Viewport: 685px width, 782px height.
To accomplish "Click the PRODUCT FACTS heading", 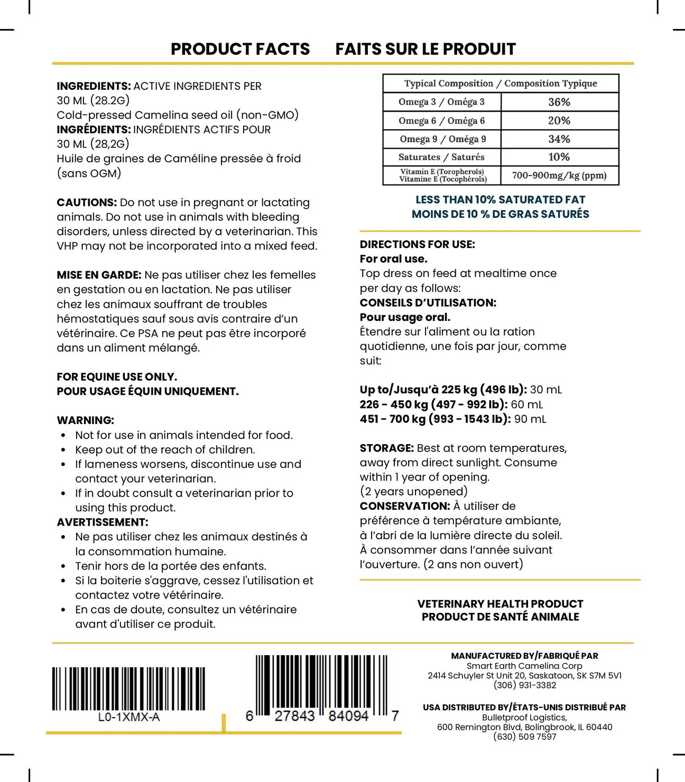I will click(240, 49).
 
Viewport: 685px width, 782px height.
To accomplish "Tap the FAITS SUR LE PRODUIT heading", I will click(425, 49).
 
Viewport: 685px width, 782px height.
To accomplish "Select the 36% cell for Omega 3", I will click(559, 102).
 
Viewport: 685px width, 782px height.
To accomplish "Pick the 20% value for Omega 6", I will click(559, 121).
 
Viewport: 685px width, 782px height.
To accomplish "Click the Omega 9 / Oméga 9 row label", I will click(442, 139).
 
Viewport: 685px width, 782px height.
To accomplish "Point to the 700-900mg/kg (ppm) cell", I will click(559, 176).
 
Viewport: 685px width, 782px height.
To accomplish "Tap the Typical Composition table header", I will click(501, 84).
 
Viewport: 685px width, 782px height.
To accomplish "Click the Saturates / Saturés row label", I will click(441, 157).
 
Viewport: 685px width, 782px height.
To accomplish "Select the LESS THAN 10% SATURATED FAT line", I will click(500, 200).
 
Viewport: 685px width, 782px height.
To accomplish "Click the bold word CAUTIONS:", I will click(87, 203).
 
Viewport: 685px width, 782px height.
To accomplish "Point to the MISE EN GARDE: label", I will click(99, 275).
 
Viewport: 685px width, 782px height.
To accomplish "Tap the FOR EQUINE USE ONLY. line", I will click(117, 377).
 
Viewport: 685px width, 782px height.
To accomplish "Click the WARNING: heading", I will click(86, 420).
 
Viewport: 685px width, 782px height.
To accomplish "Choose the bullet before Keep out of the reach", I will click(63, 450).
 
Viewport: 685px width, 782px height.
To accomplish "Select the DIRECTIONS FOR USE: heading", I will click(417, 244).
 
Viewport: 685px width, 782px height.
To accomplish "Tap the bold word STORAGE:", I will click(386, 448).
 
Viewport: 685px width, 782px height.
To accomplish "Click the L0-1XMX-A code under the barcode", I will click(129, 717).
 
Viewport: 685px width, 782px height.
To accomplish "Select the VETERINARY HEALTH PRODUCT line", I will click(500, 604).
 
